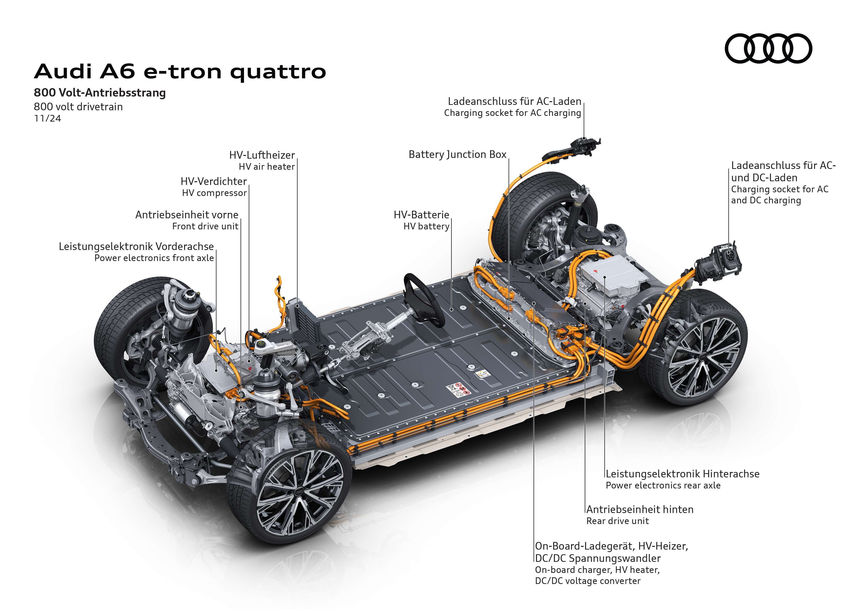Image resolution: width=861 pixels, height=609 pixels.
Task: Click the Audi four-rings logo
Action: (768, 48)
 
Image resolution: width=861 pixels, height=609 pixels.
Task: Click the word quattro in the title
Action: (278, 72)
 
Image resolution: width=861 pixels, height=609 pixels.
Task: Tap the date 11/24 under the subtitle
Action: (47, 119)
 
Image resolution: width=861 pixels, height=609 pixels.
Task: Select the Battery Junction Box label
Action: (457, 154)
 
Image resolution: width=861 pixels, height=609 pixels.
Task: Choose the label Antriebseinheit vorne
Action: (187, 215)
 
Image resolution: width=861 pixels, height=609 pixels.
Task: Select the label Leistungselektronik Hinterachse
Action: (683, 474)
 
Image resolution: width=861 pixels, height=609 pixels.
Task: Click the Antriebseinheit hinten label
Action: (640, 510)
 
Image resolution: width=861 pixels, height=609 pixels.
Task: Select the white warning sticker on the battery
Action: (458, 389)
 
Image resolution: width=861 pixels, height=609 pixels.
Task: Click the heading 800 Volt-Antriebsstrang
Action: (100, 93)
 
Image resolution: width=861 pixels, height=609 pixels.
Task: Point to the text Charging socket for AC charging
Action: (512, 113)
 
